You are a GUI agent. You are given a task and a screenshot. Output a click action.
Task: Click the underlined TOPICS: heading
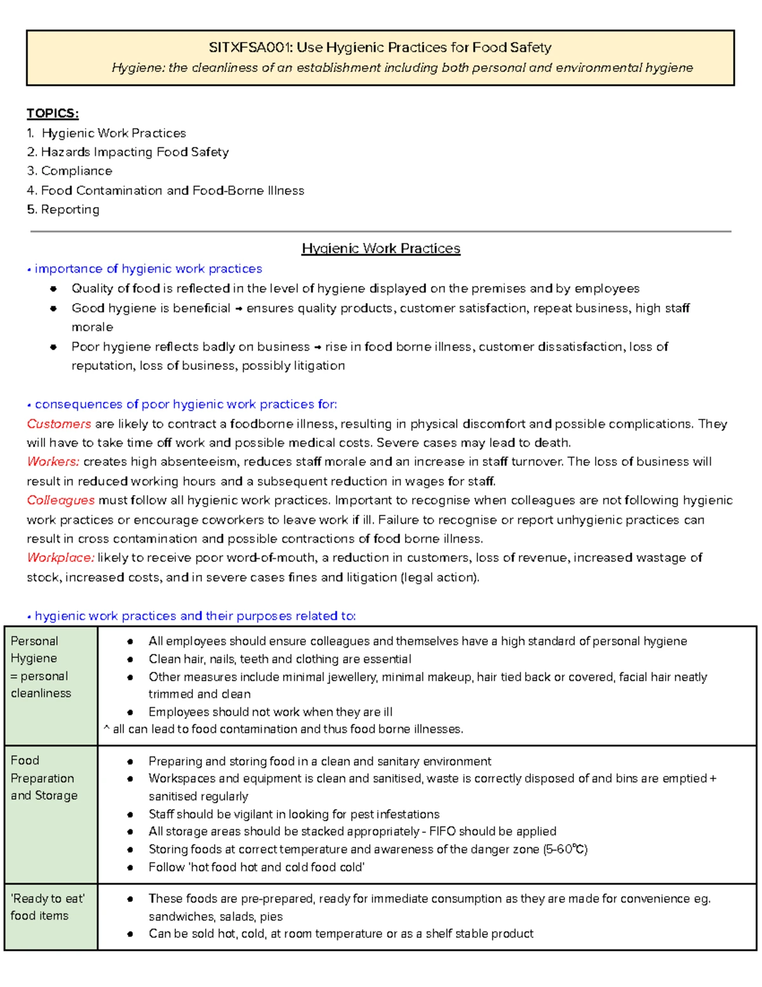53,113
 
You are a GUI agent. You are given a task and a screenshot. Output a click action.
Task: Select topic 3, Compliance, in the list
76,171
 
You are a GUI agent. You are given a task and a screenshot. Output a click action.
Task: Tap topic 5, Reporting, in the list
70,210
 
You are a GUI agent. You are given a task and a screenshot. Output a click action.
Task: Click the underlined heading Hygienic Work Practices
381,248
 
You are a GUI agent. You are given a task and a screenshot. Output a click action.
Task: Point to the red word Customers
59,424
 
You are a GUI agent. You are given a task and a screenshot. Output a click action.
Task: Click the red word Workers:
53,462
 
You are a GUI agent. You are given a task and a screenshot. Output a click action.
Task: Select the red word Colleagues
61,501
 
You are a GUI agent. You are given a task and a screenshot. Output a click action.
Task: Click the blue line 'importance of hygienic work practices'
148,269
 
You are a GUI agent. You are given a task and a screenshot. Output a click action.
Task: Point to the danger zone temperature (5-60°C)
565,850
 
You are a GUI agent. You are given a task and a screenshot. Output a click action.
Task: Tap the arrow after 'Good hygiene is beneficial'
239,309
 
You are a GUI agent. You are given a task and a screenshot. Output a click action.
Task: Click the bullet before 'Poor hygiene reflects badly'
54,347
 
